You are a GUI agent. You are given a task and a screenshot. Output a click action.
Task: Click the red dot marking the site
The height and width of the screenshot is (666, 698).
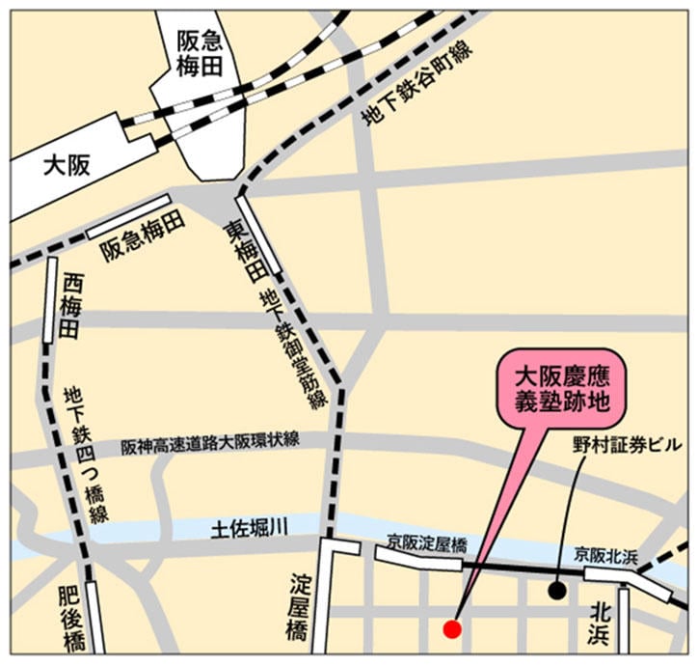click(x=451, y=629)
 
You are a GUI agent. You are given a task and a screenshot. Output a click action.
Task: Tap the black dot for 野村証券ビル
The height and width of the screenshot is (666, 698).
click(x=557, y=589)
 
